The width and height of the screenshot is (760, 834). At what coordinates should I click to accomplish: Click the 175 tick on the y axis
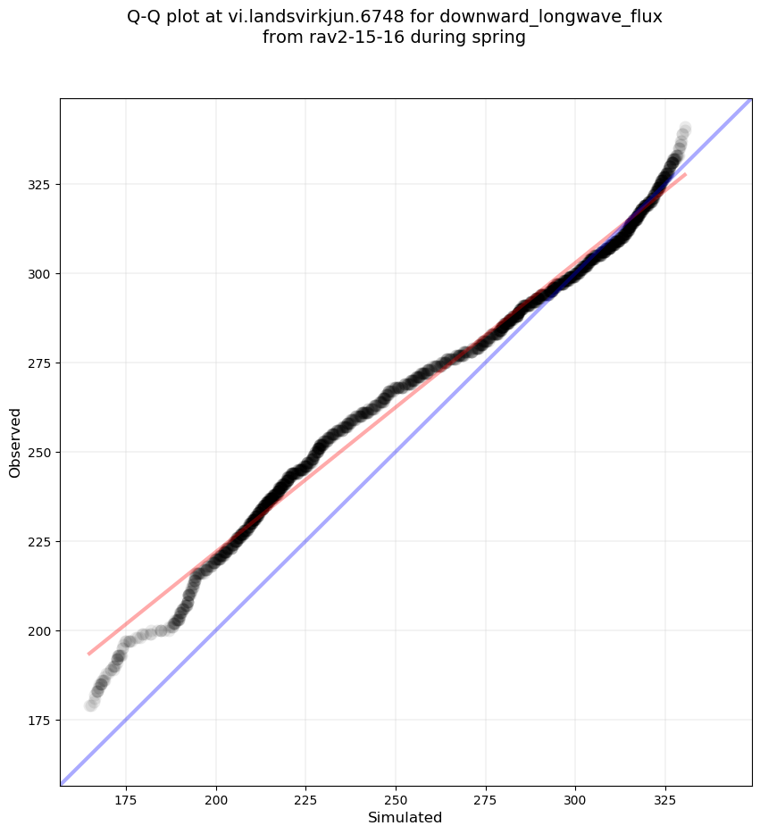click(41, 720)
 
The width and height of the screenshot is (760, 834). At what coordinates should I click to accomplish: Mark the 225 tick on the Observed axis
click(41, 541)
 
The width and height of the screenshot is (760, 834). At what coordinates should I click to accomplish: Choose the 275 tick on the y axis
click(41, 363)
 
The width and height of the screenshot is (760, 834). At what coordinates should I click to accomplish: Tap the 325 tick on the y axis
click(41, 184)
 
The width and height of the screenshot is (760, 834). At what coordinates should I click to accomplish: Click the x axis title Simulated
click(405, 817)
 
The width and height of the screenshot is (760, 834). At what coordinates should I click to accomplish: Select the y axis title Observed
click(15, 442)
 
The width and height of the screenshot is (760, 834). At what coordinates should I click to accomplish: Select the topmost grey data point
click(685, 128)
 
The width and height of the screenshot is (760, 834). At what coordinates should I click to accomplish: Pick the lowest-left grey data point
click(90, 705)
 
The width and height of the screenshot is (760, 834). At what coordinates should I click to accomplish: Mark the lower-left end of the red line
click(88, 654)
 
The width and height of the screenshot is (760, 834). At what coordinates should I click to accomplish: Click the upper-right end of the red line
click(685, 174)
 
